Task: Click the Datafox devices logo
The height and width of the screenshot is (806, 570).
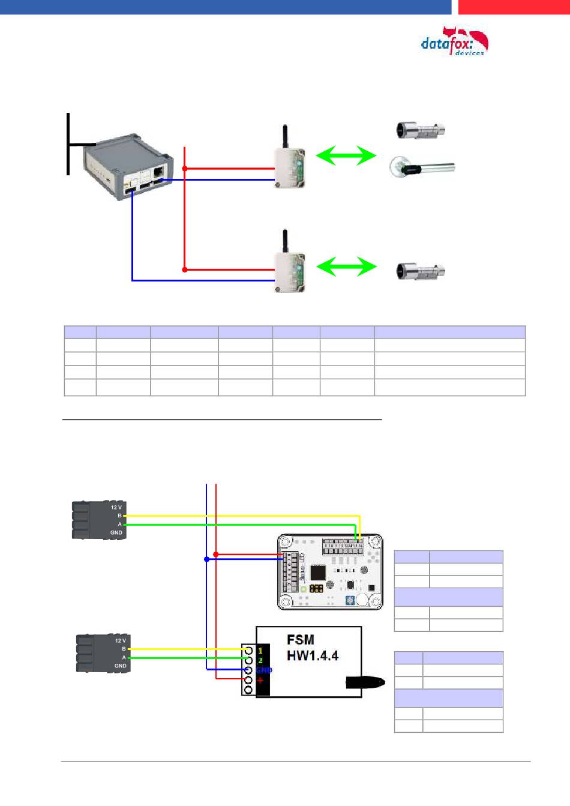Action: [x=455, y=42]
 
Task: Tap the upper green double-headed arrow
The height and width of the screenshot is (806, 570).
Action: [x=346, y=156]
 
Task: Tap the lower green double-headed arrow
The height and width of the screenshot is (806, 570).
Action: [x=346, y=266]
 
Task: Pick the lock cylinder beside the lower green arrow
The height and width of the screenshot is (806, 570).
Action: [x=420, y=271]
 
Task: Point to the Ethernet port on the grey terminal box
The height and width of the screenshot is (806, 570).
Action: [x=158, y=171]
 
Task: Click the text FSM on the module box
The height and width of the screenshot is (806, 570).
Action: [x=301, y=640]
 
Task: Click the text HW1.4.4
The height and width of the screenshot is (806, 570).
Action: [x=312, y=656]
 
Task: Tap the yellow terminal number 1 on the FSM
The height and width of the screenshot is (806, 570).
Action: [x=260, y=650]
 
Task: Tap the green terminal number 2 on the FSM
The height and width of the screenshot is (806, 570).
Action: [x=260, y=660]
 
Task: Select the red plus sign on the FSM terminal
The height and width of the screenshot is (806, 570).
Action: [x=260, y=681]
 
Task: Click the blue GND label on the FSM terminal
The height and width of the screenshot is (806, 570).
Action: [x=263, y=670]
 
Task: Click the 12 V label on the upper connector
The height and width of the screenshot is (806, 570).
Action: [x=116, y=507]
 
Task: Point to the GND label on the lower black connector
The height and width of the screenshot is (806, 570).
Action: [x=120, y=666]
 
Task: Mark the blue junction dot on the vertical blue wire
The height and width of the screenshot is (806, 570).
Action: [x=206, y=559]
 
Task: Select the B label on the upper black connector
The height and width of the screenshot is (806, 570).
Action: [x=119, y=516]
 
